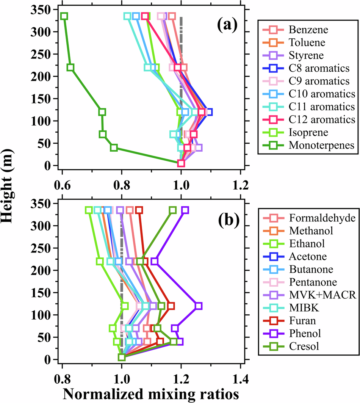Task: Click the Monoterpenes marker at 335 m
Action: click(x=64, y=16)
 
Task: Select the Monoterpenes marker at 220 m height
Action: click(x=70, y=67)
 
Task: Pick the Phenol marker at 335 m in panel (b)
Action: click(x=185, y=210)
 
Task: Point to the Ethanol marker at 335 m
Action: click(x=89, y=210)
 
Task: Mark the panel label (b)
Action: click(x=227, y=220)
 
